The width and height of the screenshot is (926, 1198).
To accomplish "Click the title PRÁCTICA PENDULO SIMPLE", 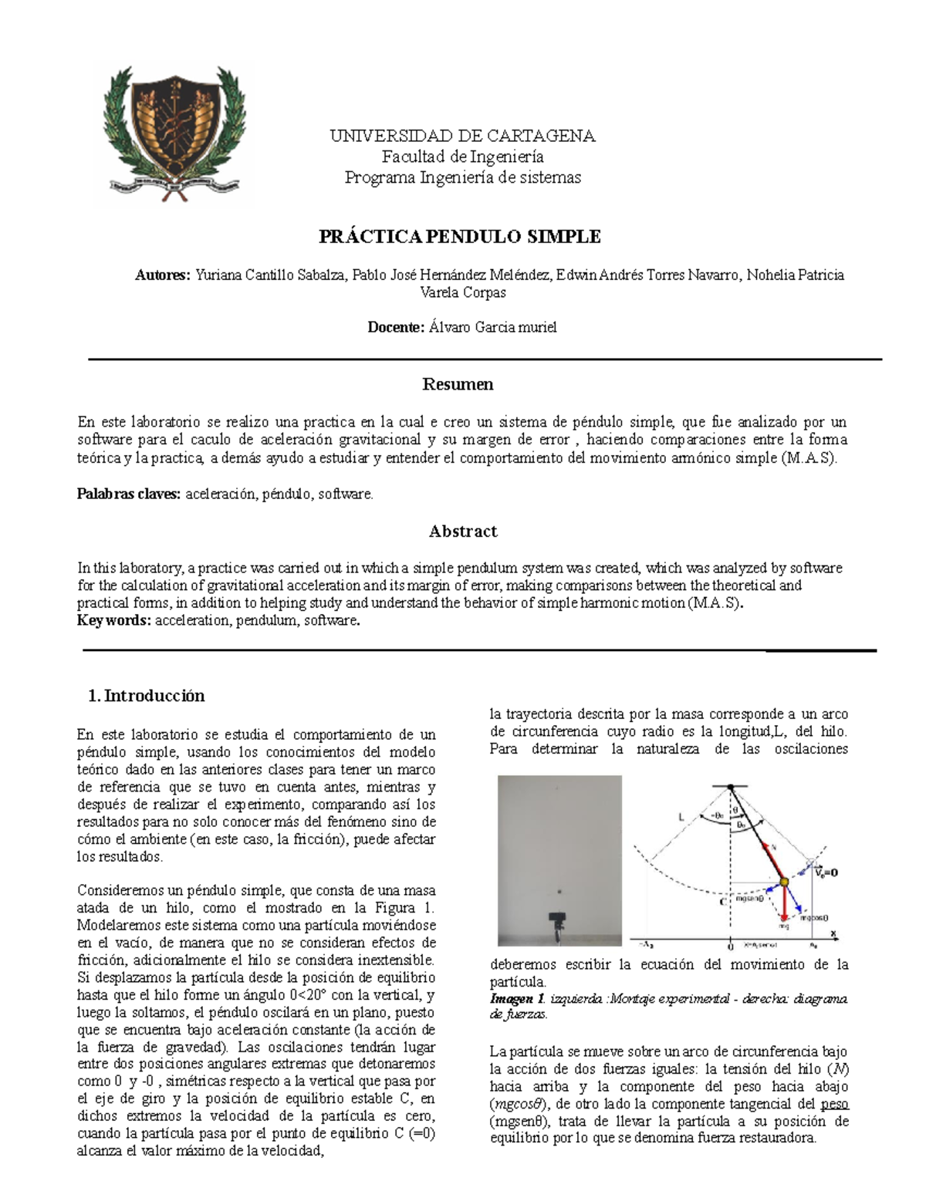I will [460, 237].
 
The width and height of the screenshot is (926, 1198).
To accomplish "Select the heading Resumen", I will [458, 384].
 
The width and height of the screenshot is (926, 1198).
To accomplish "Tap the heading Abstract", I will [462, 532].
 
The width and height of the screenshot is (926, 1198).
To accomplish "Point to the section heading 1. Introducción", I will [147, 696].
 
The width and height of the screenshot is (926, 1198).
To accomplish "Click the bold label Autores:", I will [162, 275].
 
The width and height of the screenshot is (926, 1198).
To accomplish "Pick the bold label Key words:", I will [114, 621].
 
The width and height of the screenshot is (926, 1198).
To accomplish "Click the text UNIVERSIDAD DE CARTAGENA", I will [462, 137].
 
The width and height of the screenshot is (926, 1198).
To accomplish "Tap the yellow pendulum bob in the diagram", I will [784, 881].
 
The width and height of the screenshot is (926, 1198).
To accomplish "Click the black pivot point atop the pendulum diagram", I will [729, 787].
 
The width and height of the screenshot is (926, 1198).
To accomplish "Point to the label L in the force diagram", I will [681, 815].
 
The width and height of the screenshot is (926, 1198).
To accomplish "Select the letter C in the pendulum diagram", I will [721, 900].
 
